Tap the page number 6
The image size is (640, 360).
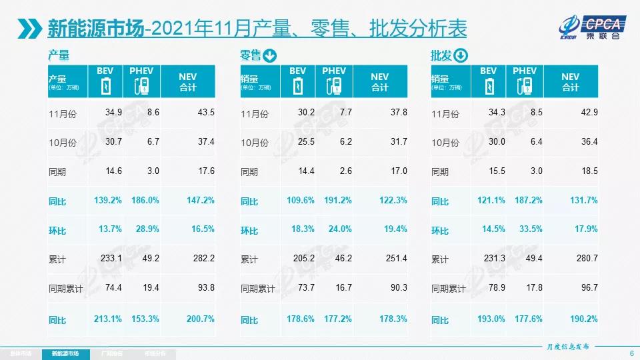coord(631,353)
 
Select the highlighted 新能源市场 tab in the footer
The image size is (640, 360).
coord(65,353)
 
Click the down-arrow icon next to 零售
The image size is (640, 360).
coord(270,56)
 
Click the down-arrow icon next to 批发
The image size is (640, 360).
coord(461,56)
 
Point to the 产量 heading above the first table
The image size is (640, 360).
coord(59,56)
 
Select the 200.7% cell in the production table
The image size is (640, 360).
coord(201,319)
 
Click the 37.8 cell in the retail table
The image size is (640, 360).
coord(398,113)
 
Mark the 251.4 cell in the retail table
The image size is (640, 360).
coord(395,259)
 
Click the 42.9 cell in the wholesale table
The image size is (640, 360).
coord(589,113)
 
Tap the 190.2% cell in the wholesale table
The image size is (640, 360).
coord(584,319)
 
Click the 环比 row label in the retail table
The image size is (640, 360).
coord(249,231)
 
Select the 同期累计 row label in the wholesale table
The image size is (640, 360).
coord(448,289)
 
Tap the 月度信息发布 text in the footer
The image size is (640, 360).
coord(564,347)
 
